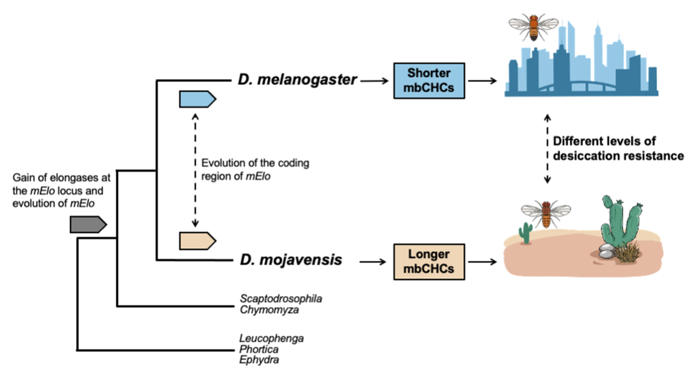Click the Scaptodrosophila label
(281, 299)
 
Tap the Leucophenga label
(271, 338)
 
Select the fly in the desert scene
(546, 213)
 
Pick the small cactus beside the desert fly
(525, 232)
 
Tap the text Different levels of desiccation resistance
(618, 149)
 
